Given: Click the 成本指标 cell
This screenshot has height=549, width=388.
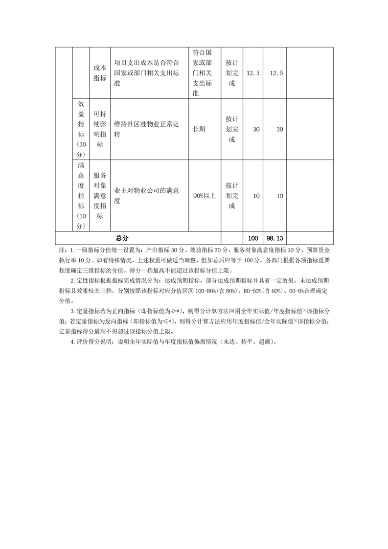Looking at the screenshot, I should click(x=100, y=73).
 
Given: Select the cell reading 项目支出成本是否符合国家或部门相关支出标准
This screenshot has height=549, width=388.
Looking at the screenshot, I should click(x=149, y=73).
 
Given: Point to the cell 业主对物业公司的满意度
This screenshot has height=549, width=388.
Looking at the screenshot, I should click(x=149, y=196).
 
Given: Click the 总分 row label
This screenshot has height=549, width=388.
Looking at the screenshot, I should click(x=122, y=238).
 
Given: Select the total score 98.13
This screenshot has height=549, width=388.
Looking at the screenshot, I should click(x=274, y=238).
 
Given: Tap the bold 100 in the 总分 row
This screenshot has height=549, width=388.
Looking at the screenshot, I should click(x=253, y=238).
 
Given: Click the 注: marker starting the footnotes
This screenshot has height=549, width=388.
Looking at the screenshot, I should click(x=60, y=250).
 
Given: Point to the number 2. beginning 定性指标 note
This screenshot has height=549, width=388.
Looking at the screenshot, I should click(x=73, y=281).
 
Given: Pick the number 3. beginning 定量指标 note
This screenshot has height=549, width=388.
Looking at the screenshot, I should click(x=73, y=311).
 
